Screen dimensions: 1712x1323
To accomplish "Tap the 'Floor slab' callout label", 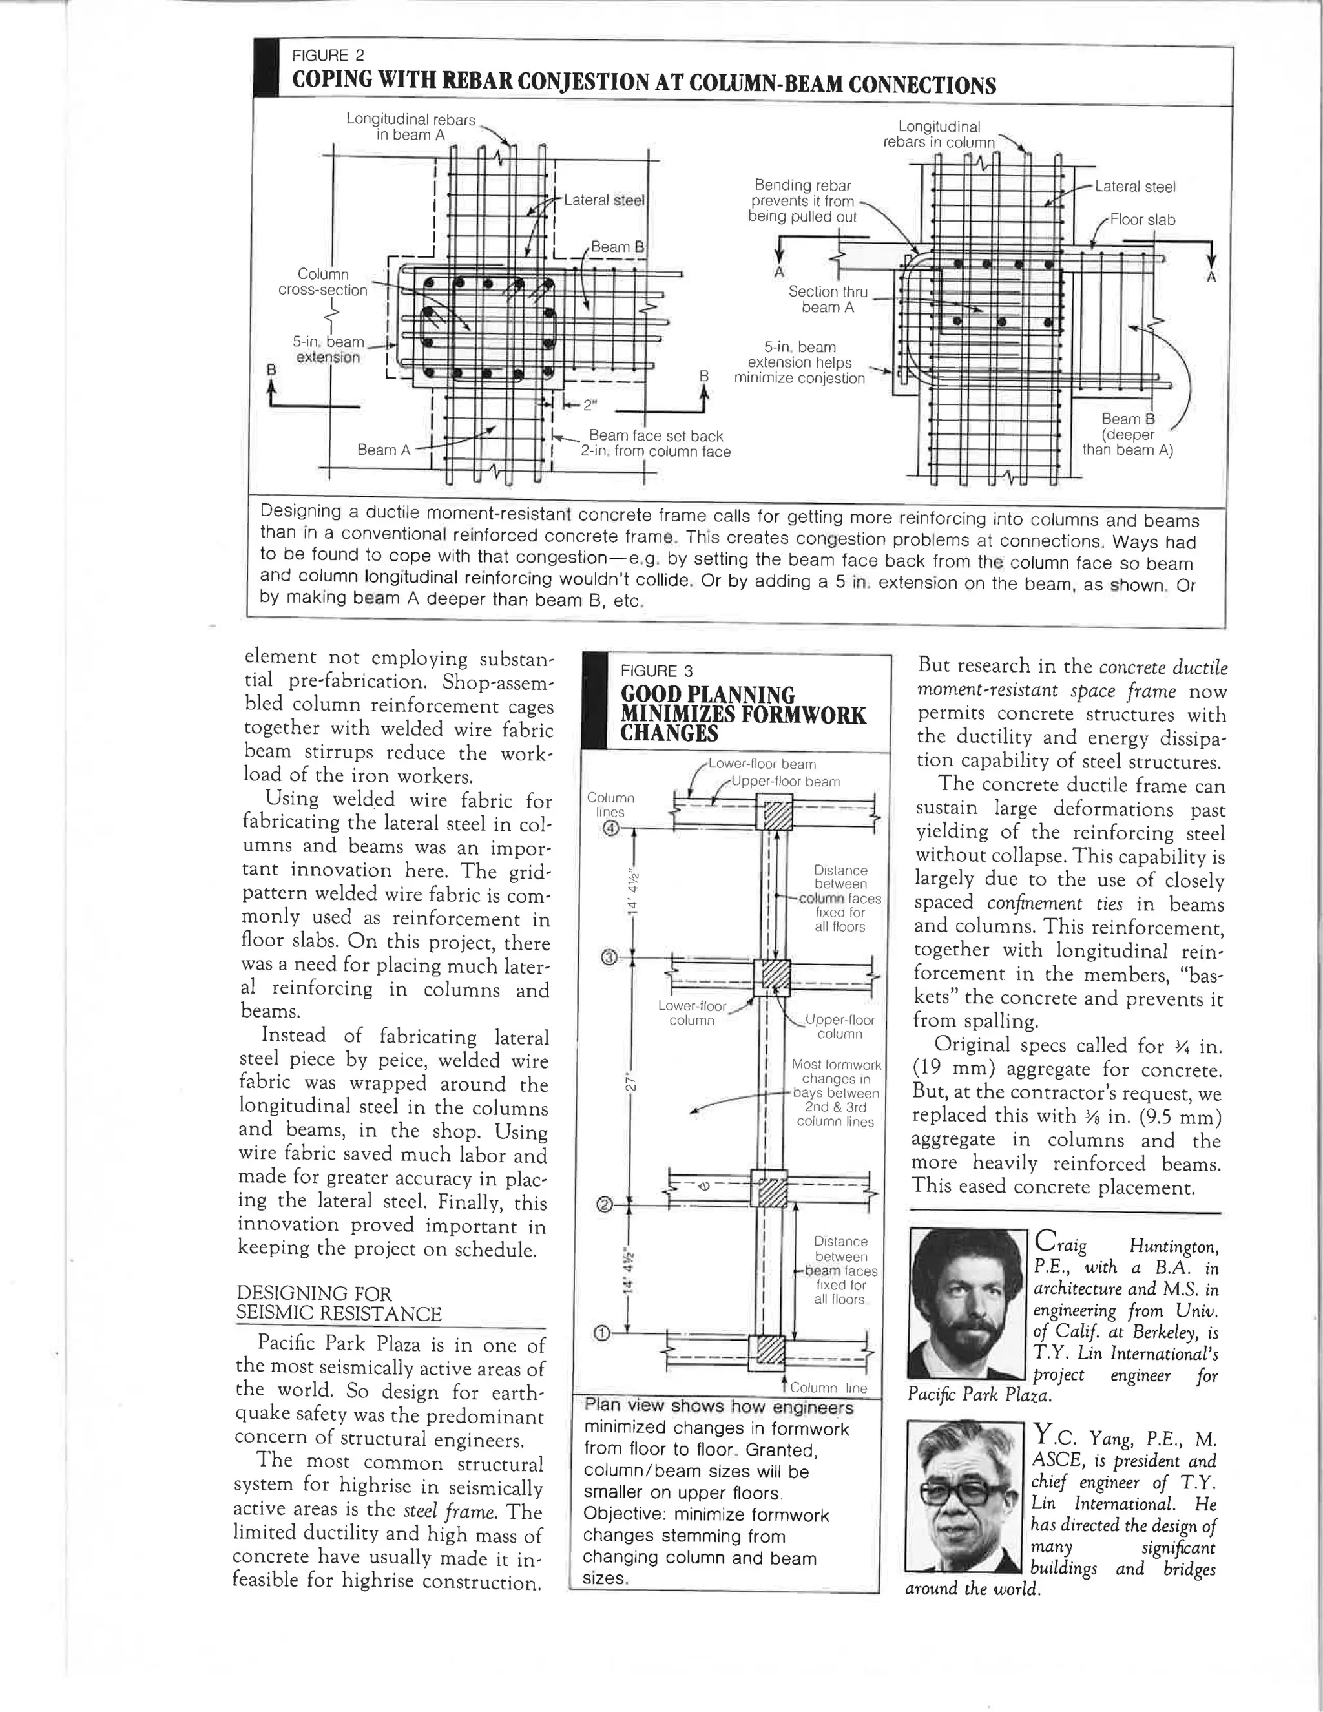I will click(1142, 220).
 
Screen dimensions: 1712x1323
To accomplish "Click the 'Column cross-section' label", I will click(323, 282).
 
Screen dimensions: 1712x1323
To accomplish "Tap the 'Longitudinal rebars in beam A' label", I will click(411, 127).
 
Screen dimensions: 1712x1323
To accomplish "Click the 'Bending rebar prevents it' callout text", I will click(802, 201).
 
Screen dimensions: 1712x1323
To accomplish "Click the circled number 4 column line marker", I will click(612, 830).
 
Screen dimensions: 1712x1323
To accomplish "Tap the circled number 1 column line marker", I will click(602, 1333).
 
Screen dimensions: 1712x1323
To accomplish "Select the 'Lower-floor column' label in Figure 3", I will click(691, 1014).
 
